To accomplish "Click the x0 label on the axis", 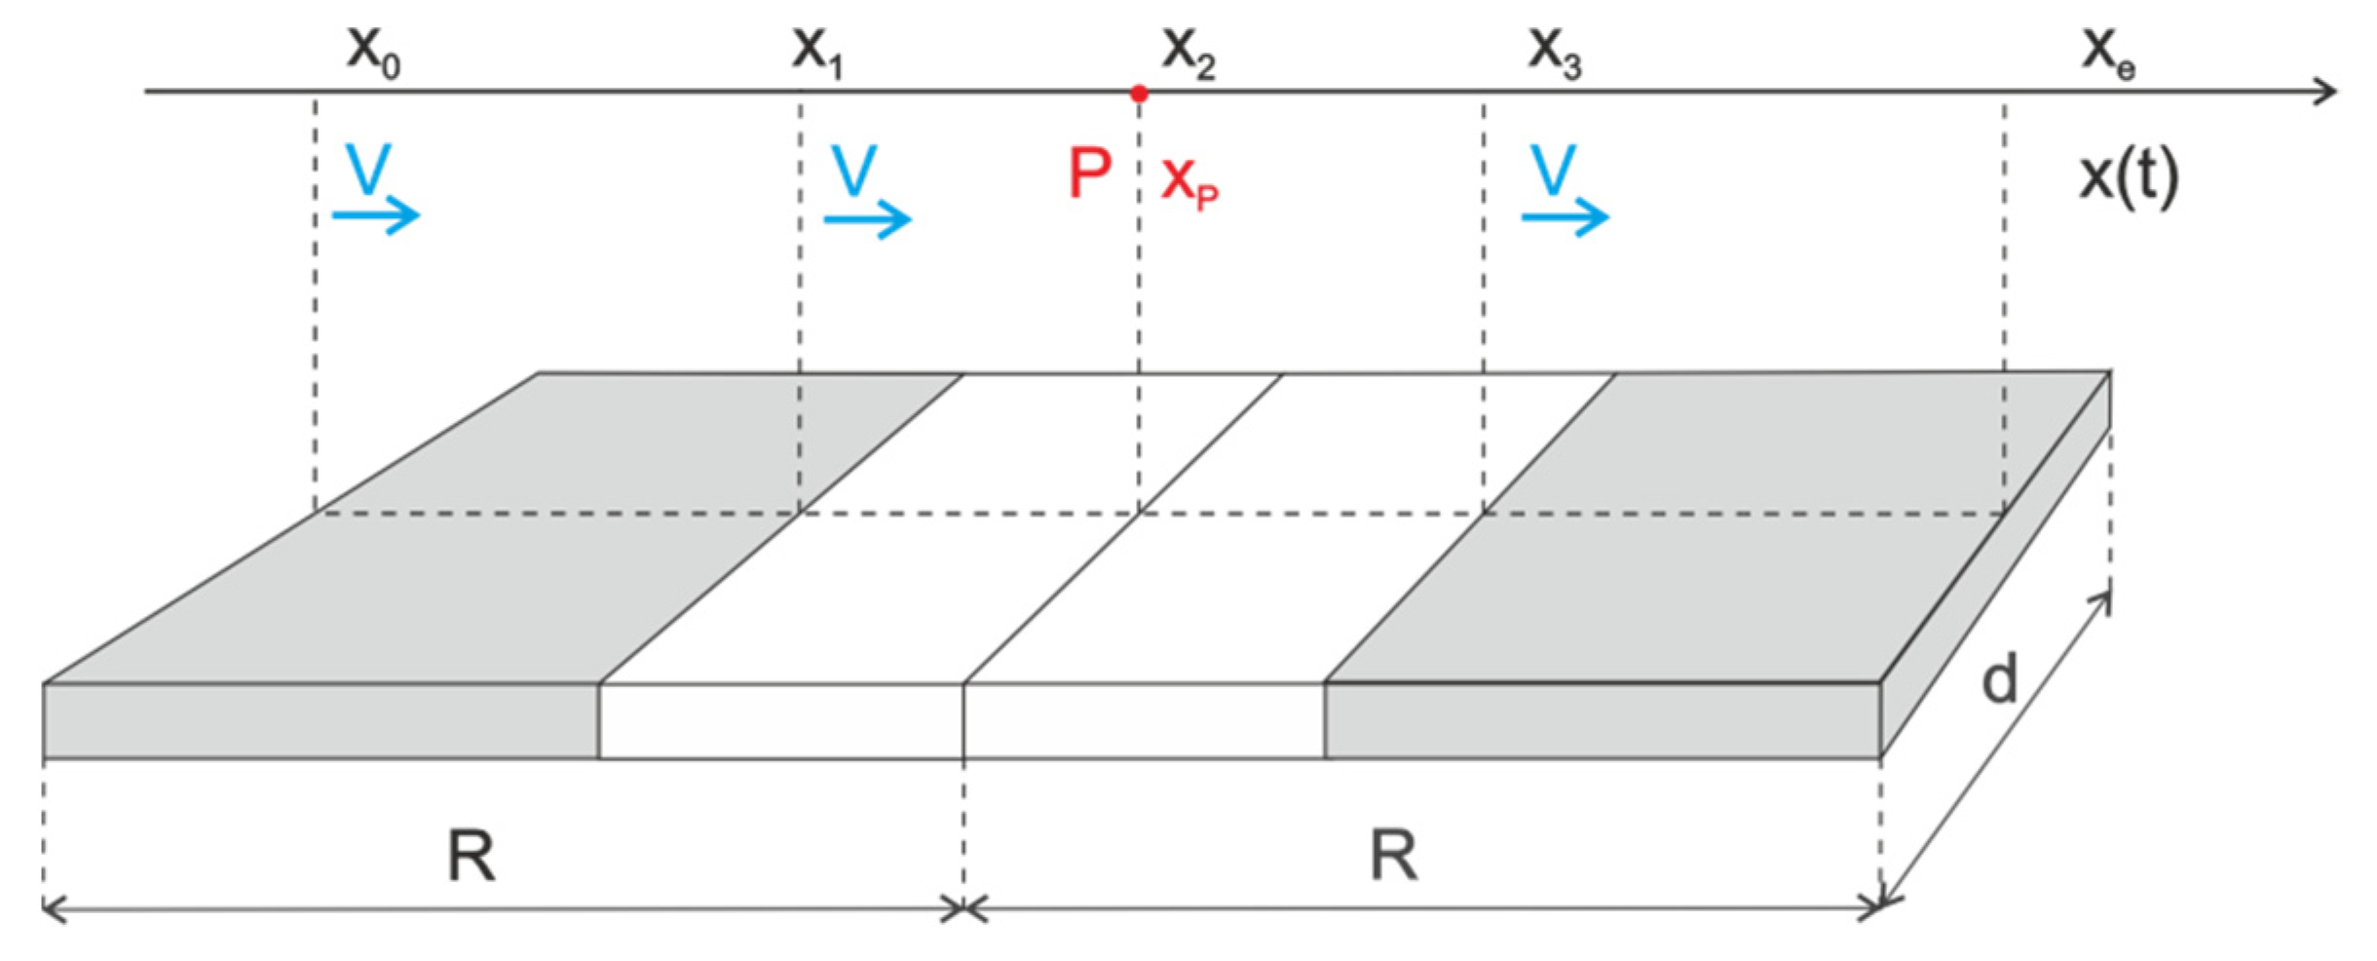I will pos(373,51).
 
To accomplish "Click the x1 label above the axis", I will pos(816,51).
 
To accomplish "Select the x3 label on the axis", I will pos(1554,51).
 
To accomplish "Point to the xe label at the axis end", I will pos(2108,51).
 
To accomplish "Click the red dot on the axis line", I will pos(1139,94).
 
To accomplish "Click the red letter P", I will pos(1089,174).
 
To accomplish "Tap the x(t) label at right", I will pos(2129,177).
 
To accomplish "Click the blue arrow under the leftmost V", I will pos(376,215).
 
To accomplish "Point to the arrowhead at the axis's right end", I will pos(2326,92).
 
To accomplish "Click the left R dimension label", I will pos(471,856).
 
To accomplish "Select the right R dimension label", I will pos(1393,856).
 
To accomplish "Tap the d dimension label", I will pos(2000,679).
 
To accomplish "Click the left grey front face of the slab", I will pos(321,721).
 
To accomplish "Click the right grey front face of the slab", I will pos(1602,721).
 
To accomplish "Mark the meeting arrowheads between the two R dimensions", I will pos(963,909).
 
